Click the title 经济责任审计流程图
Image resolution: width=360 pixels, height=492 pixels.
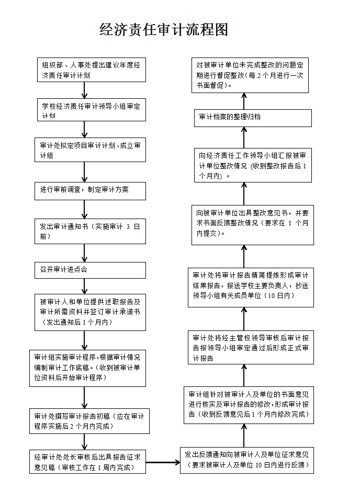[164, 30]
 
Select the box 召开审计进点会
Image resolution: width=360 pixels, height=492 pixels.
[90, 270]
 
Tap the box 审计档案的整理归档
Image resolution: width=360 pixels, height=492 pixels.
[253, 118]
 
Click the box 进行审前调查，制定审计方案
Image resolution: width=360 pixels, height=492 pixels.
[90, 191]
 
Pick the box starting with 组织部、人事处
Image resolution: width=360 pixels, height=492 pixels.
[92, 70]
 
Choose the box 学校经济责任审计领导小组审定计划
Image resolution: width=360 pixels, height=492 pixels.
[92, 110]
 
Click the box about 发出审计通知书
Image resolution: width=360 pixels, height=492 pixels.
[90, 231]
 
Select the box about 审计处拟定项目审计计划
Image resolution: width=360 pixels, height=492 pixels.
[90, 150]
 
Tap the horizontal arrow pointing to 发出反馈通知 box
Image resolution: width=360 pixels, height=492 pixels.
[163, 462]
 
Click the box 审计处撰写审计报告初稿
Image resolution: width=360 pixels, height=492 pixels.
[89, 421]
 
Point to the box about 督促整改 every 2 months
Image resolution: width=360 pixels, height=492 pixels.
[250, 75]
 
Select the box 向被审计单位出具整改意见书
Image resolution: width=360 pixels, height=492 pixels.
[253, 225]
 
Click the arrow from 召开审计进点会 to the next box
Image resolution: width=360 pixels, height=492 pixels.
[84, 286]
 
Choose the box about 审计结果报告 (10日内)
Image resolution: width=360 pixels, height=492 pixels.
[251, 288]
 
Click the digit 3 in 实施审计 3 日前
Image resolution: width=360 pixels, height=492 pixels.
[128, 226]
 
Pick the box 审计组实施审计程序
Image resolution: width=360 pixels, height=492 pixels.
[87, 369]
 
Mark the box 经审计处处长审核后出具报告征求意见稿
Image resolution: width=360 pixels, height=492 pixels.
[87, 462]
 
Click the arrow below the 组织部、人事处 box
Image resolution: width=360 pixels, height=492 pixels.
[84, 90]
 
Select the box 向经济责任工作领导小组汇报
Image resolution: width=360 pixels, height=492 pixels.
[253, 165]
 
